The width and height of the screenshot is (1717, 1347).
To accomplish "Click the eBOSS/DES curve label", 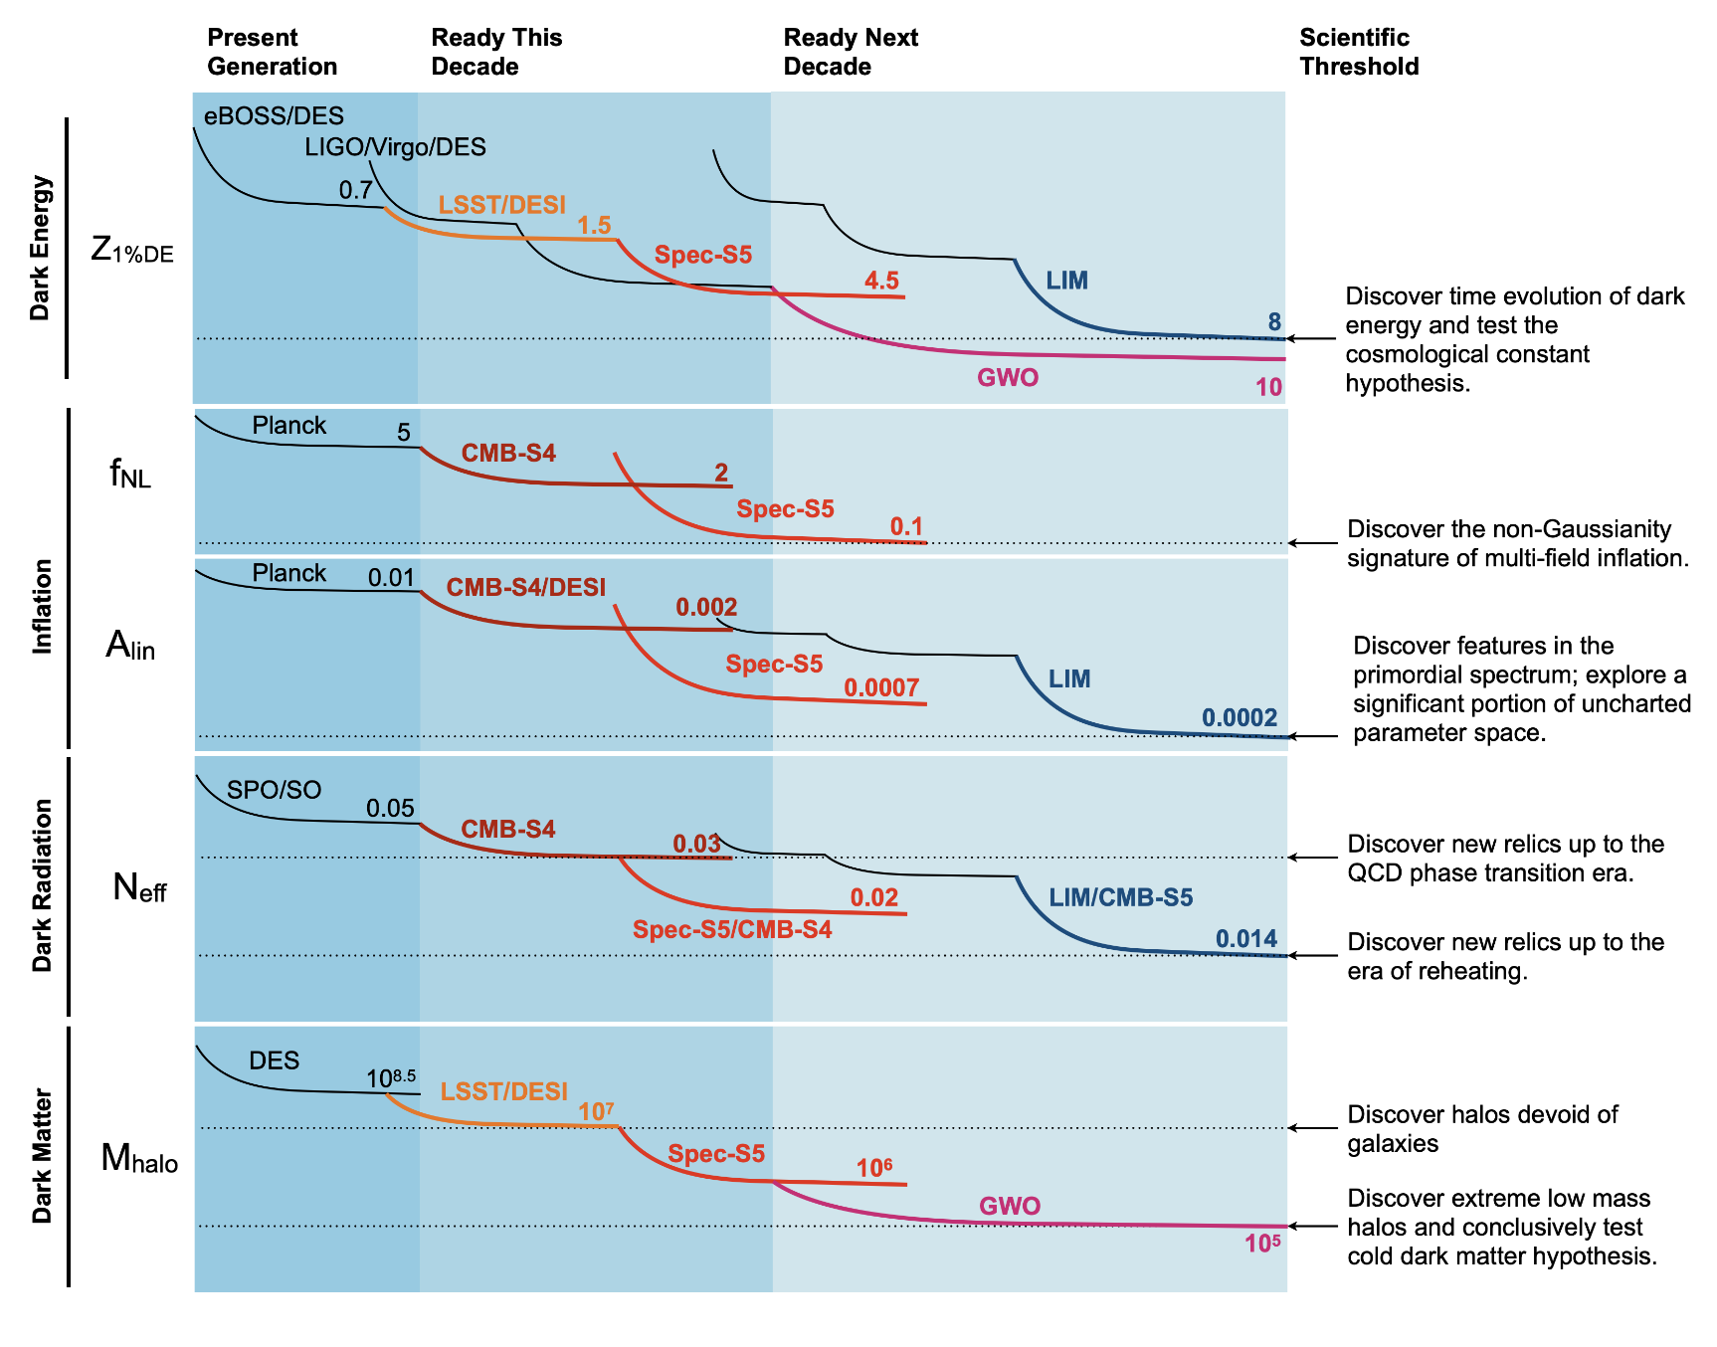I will point(274,115).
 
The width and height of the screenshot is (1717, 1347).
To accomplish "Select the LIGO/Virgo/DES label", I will point(395,147).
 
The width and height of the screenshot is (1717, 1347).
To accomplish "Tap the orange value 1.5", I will point(594,225).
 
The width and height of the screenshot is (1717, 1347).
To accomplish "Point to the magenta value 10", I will point(1268,387).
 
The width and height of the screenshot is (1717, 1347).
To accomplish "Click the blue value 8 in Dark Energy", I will point(1274,321).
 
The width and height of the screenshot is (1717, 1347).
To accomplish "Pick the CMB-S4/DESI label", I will point(525,587).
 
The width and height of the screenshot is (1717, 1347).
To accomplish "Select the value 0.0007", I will point(881,686).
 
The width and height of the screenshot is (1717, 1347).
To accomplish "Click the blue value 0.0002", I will point(1240,717).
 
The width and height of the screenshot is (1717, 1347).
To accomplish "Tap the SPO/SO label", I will point(274,790).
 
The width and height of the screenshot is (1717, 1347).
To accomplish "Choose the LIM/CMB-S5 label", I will point(1120,897).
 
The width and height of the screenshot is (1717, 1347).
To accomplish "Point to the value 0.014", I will point(1246,938).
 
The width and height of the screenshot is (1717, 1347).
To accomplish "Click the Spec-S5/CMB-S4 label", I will point(732,929).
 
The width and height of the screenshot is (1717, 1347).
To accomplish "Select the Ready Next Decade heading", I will point(851,52).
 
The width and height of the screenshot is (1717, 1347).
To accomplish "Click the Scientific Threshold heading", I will point(1359,52).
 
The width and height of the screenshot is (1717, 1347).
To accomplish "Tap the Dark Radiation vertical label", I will point(42,885).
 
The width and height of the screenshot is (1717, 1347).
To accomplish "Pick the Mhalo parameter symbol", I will point(139,1158).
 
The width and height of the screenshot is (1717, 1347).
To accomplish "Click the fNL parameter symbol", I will point(130,474).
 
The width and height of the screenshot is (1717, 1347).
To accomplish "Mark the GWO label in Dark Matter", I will point(1010,1206).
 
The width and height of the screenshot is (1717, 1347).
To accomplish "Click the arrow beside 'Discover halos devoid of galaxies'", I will point(1313,1128).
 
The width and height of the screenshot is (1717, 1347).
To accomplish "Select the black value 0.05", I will point(390,808).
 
